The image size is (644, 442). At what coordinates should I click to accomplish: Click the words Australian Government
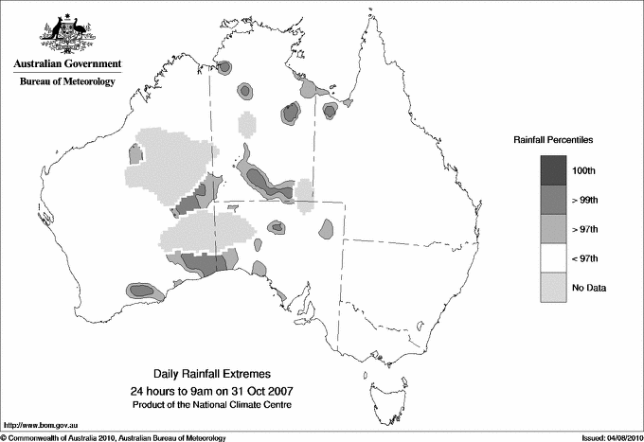pos(67,65)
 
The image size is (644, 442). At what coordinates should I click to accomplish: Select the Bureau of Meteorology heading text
pos(67,82)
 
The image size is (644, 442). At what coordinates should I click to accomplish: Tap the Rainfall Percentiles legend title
pos(553,139)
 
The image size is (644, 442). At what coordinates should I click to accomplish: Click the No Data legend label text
pos(589,288)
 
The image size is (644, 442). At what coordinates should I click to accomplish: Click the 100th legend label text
pos(583,170)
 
